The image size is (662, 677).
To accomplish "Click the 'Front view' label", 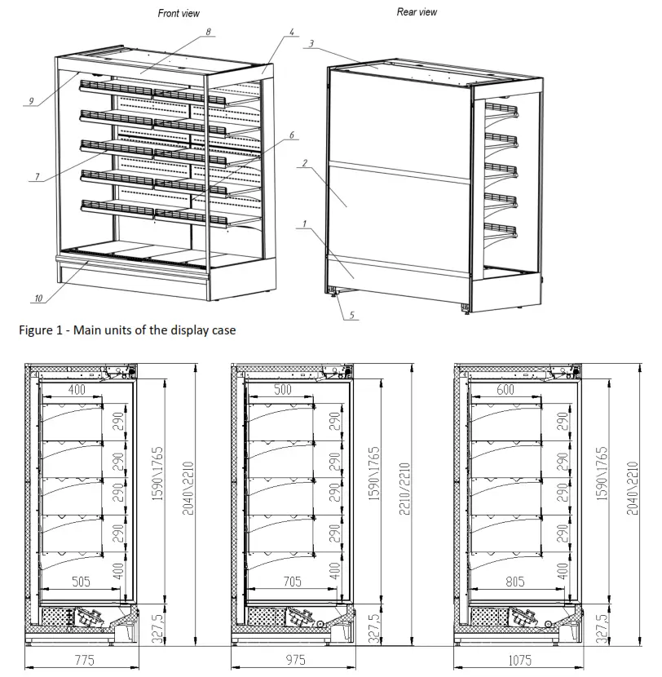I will (x=178, y=13).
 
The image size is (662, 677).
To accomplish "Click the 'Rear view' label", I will (x=417, y=11).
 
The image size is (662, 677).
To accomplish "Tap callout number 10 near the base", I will (x=38, y=298).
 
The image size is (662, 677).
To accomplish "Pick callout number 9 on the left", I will (x=30, y=101).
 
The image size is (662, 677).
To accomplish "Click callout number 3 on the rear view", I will (x=311, y=42).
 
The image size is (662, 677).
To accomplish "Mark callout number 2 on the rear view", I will (x=303, y=163).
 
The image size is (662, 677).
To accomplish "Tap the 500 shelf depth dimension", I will (x=282, y=391).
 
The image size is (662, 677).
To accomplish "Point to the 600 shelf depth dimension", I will (x=505, y=391).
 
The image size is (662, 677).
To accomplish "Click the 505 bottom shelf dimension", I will (x=81, y=582).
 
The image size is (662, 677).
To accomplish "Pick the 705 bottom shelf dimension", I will (x=291, y=582).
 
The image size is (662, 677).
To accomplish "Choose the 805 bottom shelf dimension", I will (x=511, y=582).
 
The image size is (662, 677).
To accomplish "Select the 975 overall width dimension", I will (x=293, y=660).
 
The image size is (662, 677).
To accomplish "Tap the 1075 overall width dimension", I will (x=517, y=660).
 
